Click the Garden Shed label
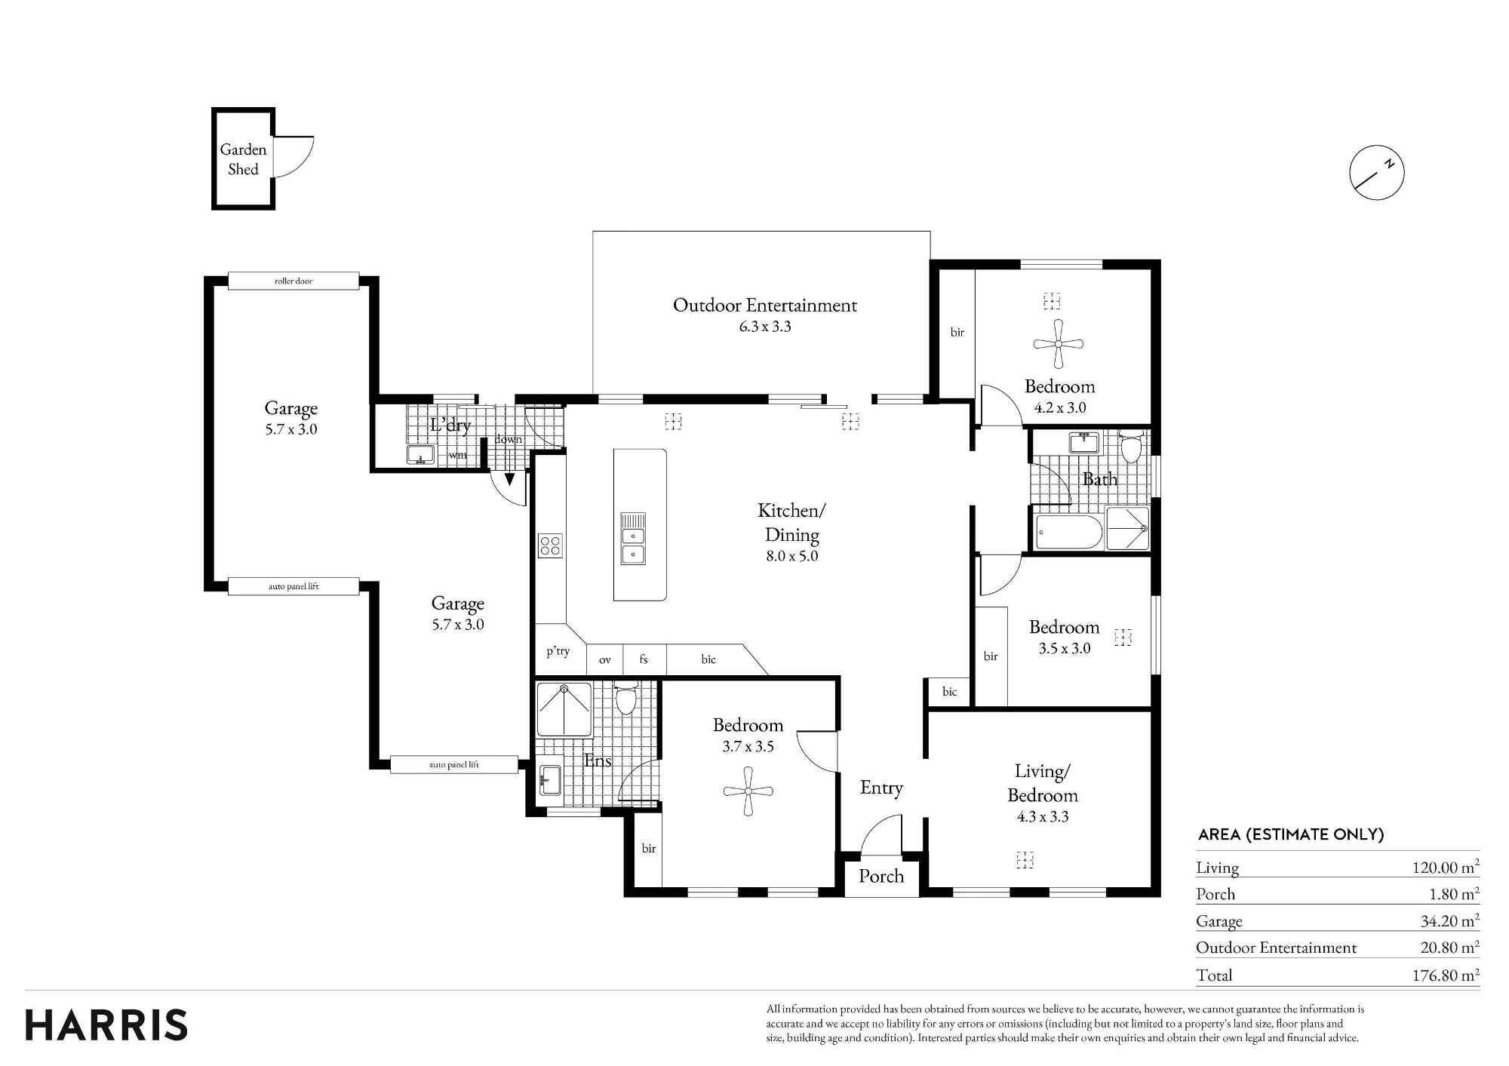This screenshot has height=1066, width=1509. pyautogui.click(x=243, y=159)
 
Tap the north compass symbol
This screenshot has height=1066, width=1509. pyautogui.click(x=1377, y=172)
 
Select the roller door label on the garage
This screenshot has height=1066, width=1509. pyautogui.click(x=294, y=281)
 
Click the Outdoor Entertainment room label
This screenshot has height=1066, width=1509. pyautogui.click(x=765, y=306)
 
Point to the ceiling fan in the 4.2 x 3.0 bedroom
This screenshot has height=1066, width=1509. pyautogui.click(x=1058, y=344)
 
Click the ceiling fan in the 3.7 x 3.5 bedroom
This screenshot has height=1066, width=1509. pyautogui.click(x=748, y=791)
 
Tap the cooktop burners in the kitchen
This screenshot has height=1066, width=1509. pyautogui.click(x=550, y=545)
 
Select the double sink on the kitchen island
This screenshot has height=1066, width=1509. pyautogui.click(x=633, y=545)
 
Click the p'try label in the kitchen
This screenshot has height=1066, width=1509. pyautogui.click(x=558, y=651)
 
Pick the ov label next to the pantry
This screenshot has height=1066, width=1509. pyautogui.click(x=605, y=660)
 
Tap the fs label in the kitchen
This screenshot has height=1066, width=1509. pyautogui.click(x=644, y=659)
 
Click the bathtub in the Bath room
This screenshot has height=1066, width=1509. pyautogui.click(x=1069, y=532)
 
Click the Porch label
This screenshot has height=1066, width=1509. pyautogui.click(x=881, y=877)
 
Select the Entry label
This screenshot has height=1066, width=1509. pyautogui.click(x=881, y=788)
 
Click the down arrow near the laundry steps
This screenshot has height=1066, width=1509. pyautogui.click(x=509, y=478)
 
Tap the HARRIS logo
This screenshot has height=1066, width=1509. pyautogui.click(x=106, y=1025)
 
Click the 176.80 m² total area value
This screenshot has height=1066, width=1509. pyautogui.click(x=1446, y=975)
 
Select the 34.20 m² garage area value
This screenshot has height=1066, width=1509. pyautogui.click(x=1449, y=920)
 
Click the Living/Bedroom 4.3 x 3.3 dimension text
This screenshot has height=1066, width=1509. pyautogui.click(x=1043, y=817)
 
